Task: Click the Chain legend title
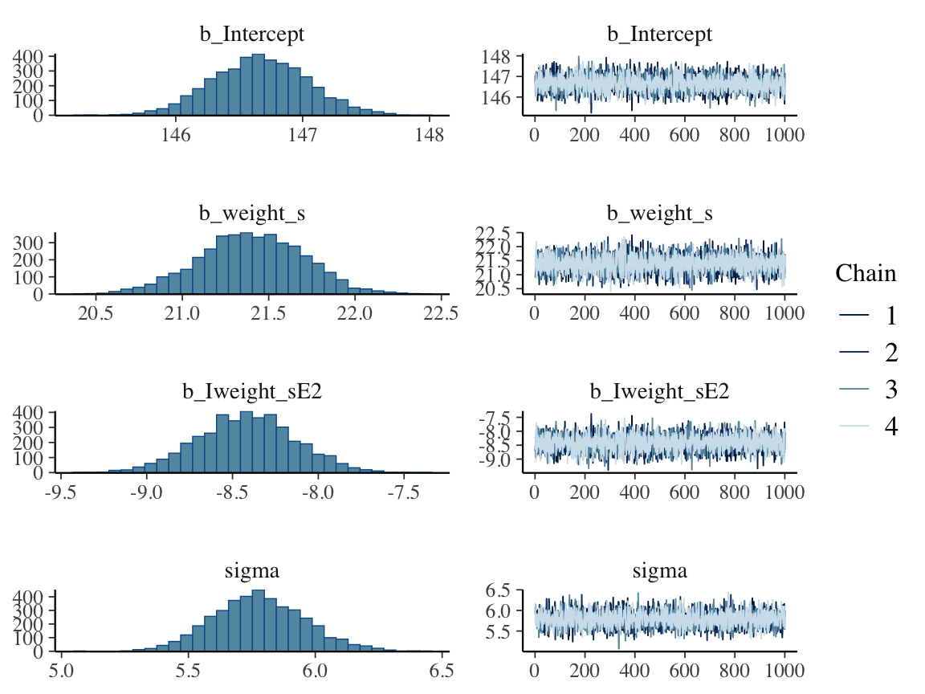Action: tap(866, 273)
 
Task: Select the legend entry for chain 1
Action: tap(890, 316)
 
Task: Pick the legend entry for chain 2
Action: tap(890, 353)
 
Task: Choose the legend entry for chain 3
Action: tap(890, 390)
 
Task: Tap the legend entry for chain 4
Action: tap(890, 426)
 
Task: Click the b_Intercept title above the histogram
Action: tap(252, 35)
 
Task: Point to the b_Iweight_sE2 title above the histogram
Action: tap(252, 393)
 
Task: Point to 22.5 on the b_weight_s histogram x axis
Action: tap(440, 313)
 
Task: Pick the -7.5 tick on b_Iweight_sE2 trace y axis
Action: tap(501, 418)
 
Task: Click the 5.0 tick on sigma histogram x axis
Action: tap(61, 672)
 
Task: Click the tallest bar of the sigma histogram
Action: tap(258, 621)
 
